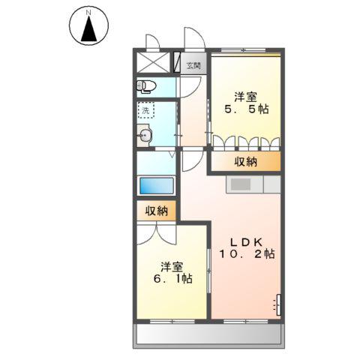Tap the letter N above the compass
[x=89, y=12]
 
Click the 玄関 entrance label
[x=193, y=66]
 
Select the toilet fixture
[x=146, y=85]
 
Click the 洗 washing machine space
[x=145, y=110]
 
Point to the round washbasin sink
[x=145, y=136]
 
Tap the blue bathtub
[x=156, y=185]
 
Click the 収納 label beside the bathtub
[x=157, y=211]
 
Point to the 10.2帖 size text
[x=247, y=255]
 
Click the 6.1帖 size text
[x=172, y=279]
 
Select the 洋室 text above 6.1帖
[x=172, y=265]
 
